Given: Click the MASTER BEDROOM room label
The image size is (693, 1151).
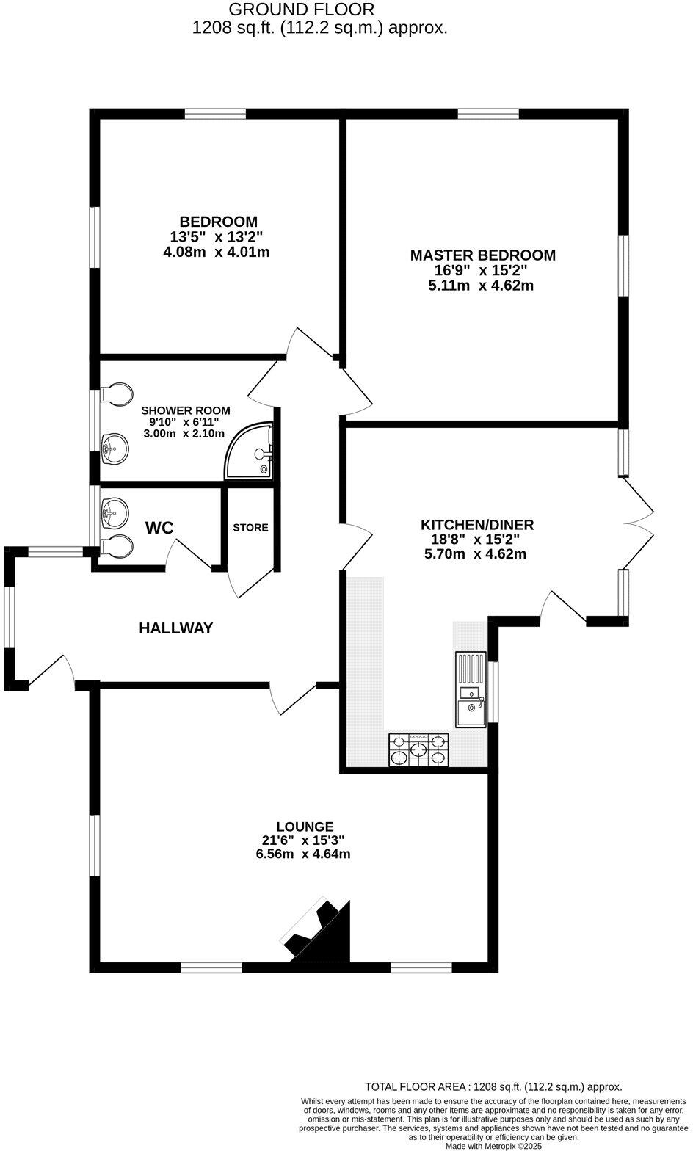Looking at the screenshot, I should [x=482, y=255].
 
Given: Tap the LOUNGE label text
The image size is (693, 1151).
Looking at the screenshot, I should [x=305, y=827].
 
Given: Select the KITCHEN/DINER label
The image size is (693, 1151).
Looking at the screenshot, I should [x=476, y=525].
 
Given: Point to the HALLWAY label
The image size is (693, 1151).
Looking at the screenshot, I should [x=176, y=628].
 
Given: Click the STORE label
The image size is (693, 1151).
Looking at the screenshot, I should [x=250, y=528].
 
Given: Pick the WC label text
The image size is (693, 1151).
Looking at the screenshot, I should [x=159, y=528].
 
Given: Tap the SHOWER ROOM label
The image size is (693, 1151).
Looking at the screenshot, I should [x=186, y=410].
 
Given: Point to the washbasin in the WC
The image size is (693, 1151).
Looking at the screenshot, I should [x=114, y=511].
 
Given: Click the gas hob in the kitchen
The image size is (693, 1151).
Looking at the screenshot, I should [x=418, y=749].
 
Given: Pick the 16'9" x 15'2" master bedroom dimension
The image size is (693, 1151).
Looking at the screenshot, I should [x=481, y=270].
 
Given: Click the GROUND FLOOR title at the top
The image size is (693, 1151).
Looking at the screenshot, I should [x=302, y=10].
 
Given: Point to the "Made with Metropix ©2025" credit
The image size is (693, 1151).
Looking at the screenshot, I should [x=493, y=1145].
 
